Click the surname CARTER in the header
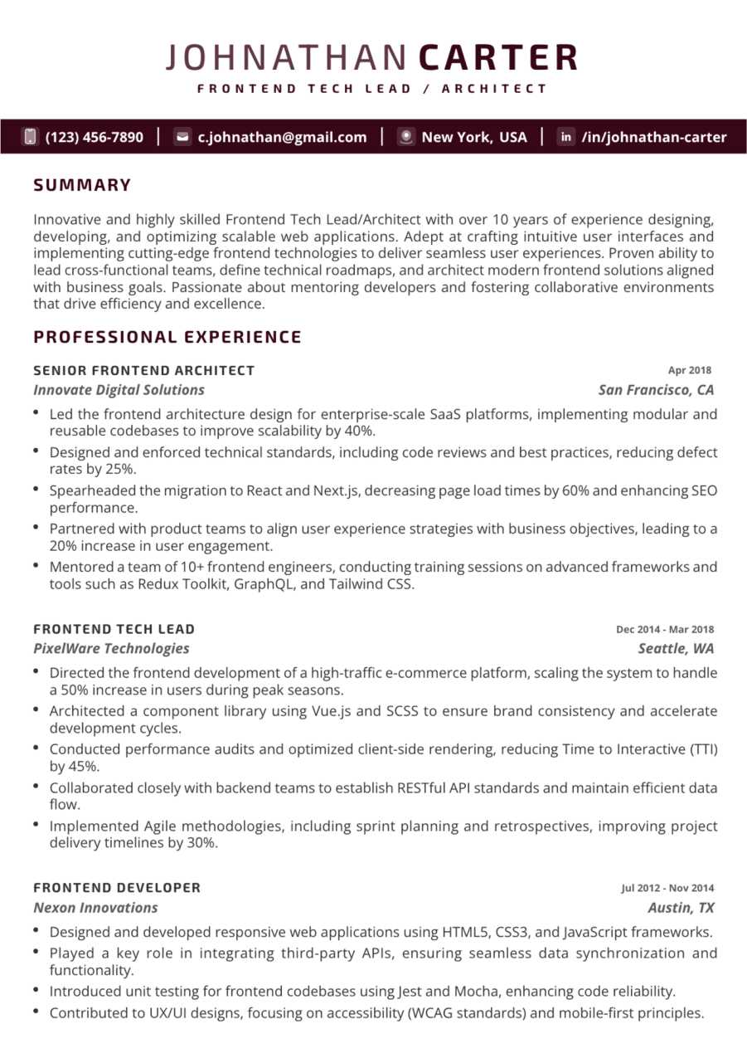[x=498, y=58]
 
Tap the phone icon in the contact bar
[x=31, y=137]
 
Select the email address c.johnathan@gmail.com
[x=282, y=137]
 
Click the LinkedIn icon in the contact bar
[x=566, y=137]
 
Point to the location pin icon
[x=405, y=137]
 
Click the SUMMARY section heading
[x=82, y=185]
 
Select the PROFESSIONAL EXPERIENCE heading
[x=167, y=337]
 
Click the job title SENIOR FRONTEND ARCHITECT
[x=144, y=370]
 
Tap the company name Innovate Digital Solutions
[x=119, y=390]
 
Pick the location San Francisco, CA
[x=656, y=390]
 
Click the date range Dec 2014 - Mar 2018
[x=665, y=630]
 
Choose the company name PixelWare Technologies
[x=111, y=649]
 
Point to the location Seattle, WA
[x=676, y=649]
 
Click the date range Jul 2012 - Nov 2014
[x=667, y=888]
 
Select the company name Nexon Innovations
[x=95, y=908]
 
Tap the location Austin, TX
[x=681, y=908]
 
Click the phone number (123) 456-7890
[x=95, y=137]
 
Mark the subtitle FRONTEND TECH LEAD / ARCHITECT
[x=372, y=89]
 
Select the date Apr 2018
[x=690, y=371]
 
